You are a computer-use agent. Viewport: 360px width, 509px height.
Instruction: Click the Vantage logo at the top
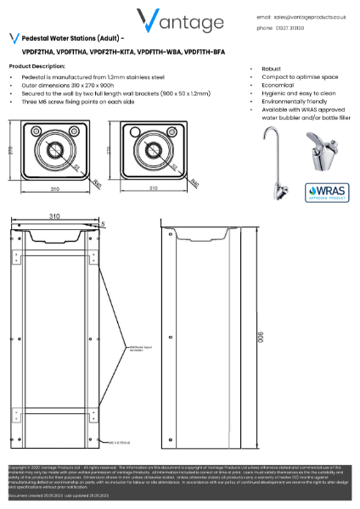(180, 20)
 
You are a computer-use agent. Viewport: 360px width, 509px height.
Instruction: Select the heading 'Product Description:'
(37, 65)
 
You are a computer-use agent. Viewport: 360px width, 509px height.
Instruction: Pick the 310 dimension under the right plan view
(153, 188)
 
